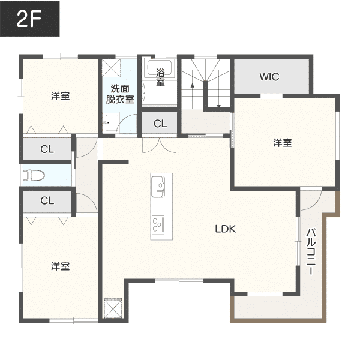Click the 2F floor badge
29,20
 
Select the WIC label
269,77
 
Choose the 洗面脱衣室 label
119,95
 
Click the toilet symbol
34,175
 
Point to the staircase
205,83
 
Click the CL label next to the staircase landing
160,124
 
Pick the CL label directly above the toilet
47,149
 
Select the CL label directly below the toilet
47,201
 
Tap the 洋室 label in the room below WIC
283,143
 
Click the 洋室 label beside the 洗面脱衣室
60,95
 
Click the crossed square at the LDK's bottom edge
113,308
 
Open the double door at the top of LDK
151,146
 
